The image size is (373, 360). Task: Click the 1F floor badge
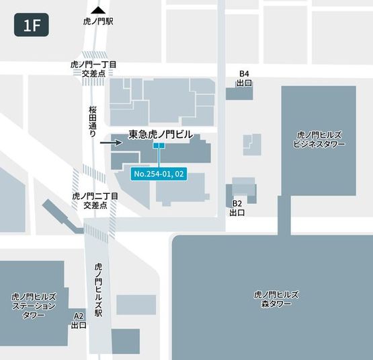coord(32,26)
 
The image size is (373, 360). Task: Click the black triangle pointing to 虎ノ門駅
coord(99,10)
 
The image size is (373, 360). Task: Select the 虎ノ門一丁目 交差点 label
coord(93,68)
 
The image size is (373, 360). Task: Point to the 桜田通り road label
coord(93,121)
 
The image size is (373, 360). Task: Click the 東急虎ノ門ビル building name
coord(160,135)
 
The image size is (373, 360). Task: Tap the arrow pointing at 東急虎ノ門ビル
coord(110,143)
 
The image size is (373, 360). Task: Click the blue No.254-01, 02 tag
coord(159,174)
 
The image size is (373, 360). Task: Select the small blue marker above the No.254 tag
coord(159,145)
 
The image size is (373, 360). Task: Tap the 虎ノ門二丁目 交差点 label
coord(95,200)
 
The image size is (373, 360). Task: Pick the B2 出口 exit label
coord(237,207)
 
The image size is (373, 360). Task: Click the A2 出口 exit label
coord(79,320)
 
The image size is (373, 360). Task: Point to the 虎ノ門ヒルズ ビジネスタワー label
coord(320,139)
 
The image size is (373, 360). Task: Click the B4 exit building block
coord(239,93)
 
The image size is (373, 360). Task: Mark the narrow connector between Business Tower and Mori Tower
coord(284,215)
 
